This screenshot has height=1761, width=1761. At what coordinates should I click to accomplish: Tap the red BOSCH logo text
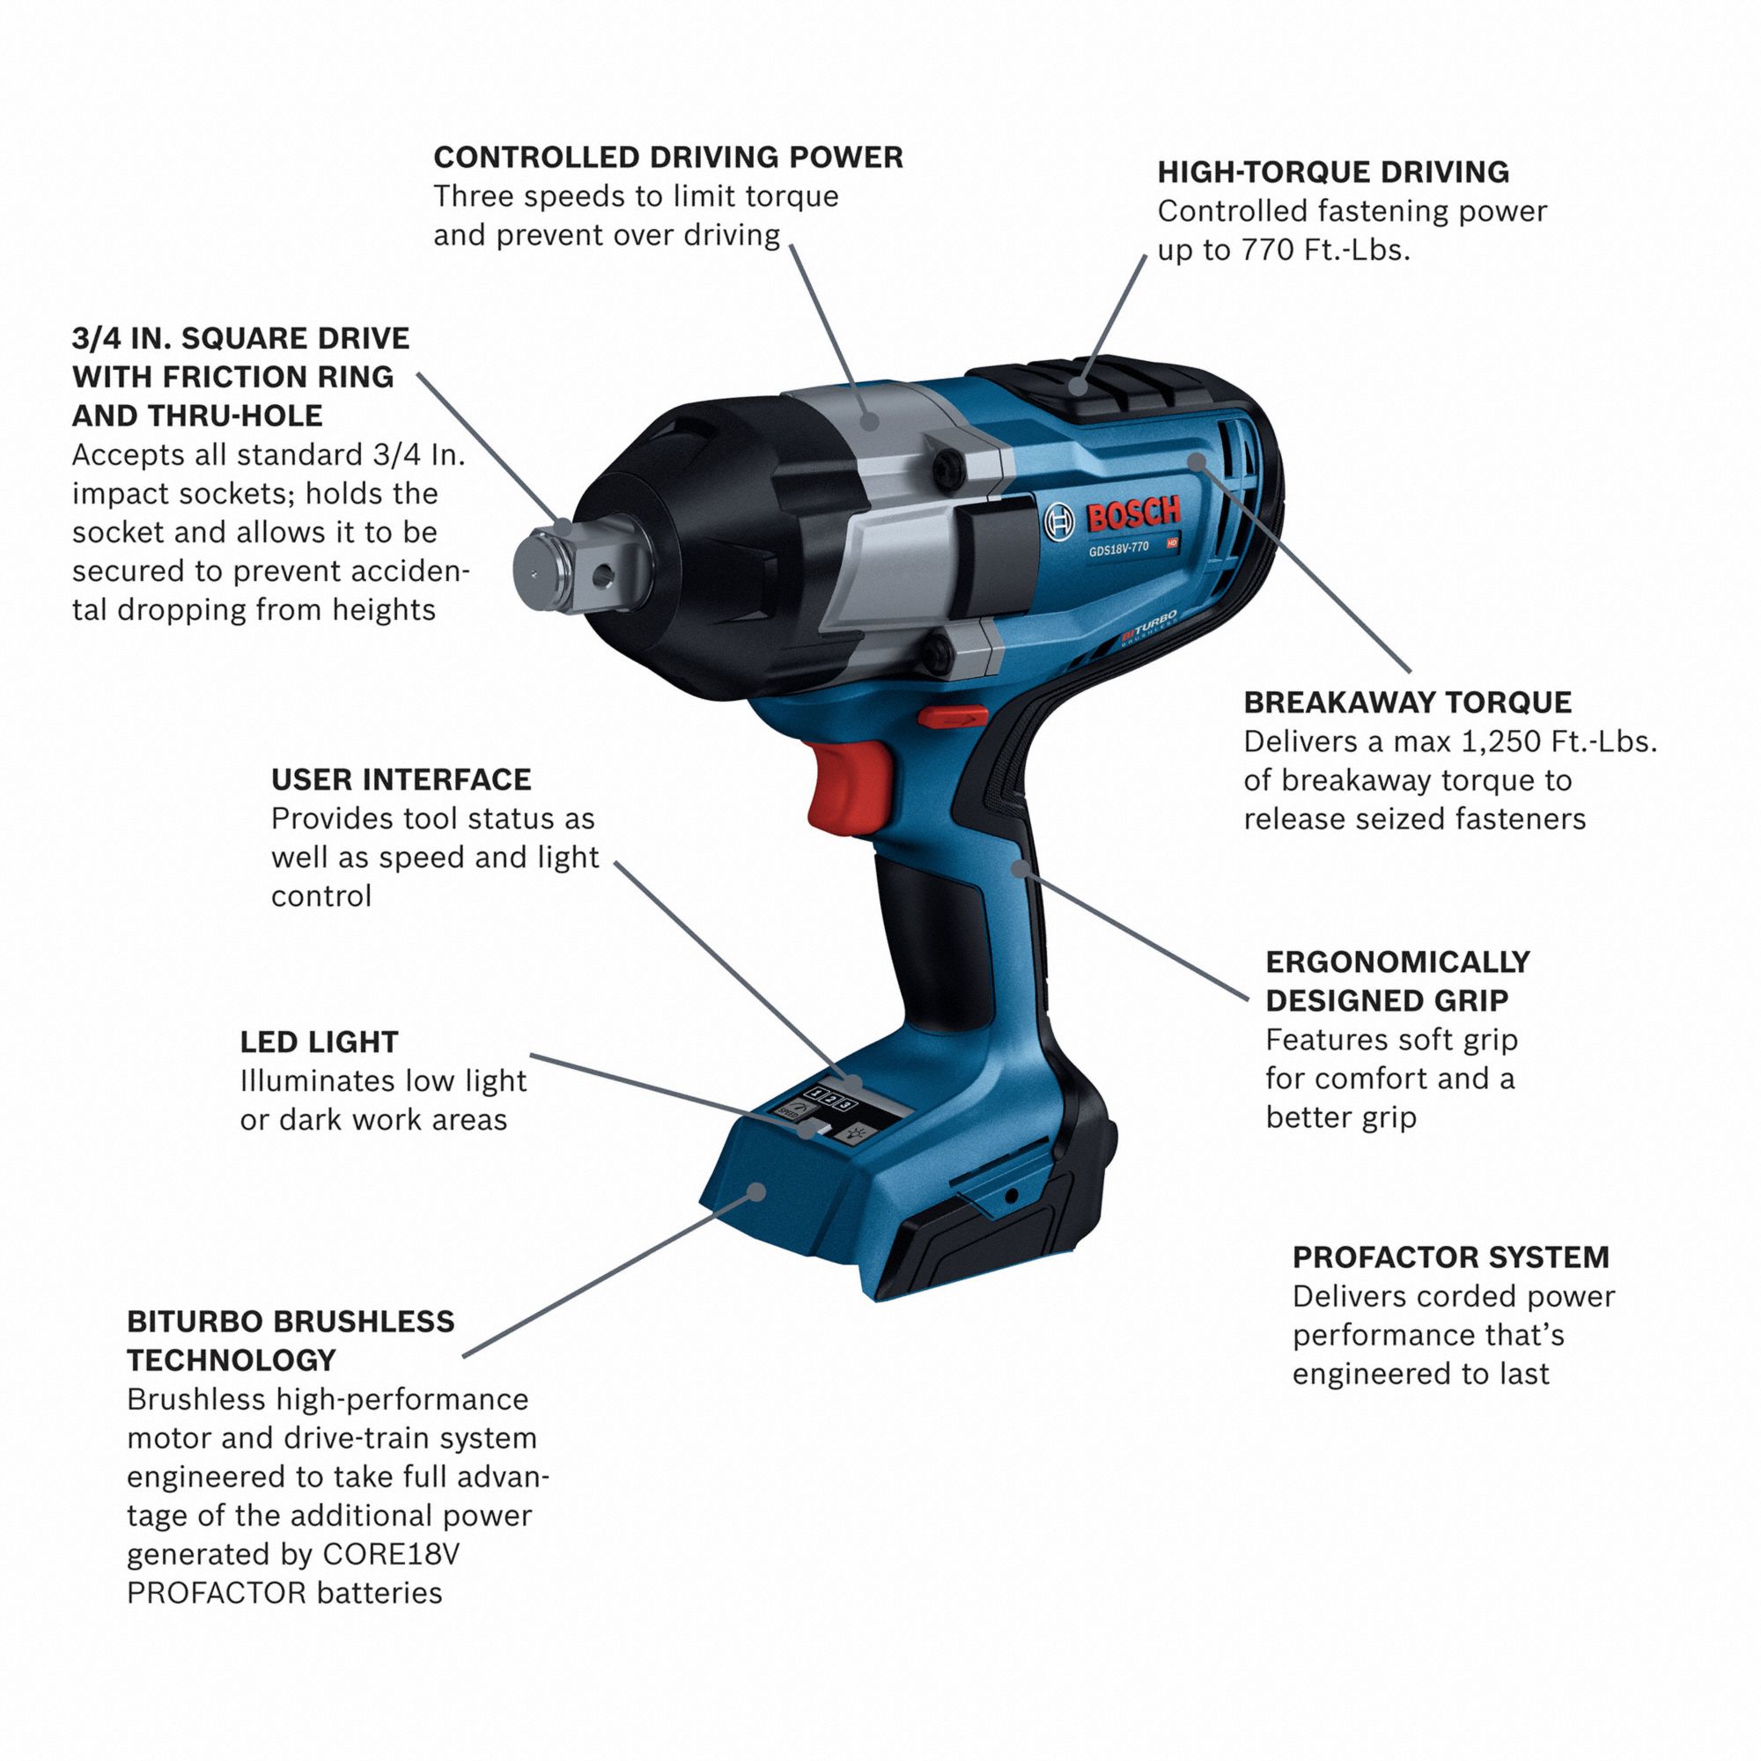pyautogui.click(x=1134, y=515)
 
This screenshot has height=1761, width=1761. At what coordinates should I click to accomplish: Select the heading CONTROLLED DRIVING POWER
pyautogui.click(x=668, y=158)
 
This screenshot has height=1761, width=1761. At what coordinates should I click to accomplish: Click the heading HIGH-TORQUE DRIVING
pyautogui.click(x=1332, y=173)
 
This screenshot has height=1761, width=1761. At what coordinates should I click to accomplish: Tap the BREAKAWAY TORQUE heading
pyautogui.click(x=1407, y=703)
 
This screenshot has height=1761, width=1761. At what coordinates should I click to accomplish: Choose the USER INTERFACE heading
pyautogui.click(x=401, y=779)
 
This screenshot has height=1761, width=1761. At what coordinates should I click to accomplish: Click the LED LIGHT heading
pyautogui.click(x=319, y=1042)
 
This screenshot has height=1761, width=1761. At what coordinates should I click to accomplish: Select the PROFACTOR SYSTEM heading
pyautogui.click(x=1450, y=1258)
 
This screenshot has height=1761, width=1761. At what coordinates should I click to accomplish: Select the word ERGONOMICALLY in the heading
pyautogui.click(x=1397, y=962)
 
